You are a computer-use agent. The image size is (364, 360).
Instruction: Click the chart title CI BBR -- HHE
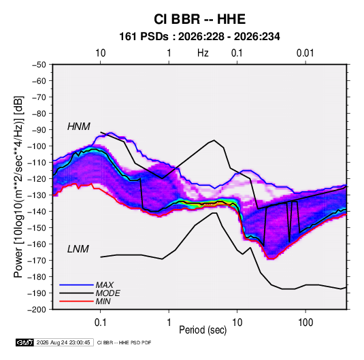[x=199, y=19]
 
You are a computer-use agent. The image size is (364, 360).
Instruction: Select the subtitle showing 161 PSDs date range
[x=199, y=37]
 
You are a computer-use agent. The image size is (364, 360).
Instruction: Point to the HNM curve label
[x=79, y=127]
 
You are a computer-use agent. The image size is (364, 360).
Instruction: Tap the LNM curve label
[x=78, y=249]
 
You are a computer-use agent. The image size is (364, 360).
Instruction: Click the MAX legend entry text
[x=105, y=285]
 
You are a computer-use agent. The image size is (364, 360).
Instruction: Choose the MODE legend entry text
[x=108, y=293]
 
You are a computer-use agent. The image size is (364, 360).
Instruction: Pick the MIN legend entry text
[x=103, y=301]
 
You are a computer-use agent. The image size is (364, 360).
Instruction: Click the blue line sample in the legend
[x=76, y=285]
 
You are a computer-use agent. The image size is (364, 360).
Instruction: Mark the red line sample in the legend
[x=76, y=301]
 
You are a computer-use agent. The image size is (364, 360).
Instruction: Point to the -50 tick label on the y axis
[x=39, y=65]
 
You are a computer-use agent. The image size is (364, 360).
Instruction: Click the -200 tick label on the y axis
[x=37, y=310]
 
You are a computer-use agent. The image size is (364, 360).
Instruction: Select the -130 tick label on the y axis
[x=37, y=195]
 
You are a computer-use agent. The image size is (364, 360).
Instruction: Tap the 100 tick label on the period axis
[x=305, y=323]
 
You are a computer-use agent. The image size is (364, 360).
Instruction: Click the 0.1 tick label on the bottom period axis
[x=100, y=323]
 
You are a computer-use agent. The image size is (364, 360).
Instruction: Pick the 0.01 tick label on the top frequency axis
[x=305, y=53]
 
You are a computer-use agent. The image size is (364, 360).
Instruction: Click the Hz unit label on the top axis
[x=203, y=53]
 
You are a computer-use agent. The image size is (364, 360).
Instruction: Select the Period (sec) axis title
[x=203, y=330]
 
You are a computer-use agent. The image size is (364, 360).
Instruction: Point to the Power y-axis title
[x=18, y=187]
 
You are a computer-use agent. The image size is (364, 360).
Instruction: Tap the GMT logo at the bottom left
[x=25, y=342]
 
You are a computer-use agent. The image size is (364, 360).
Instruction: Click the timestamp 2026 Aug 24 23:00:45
[x=63, y=342]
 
